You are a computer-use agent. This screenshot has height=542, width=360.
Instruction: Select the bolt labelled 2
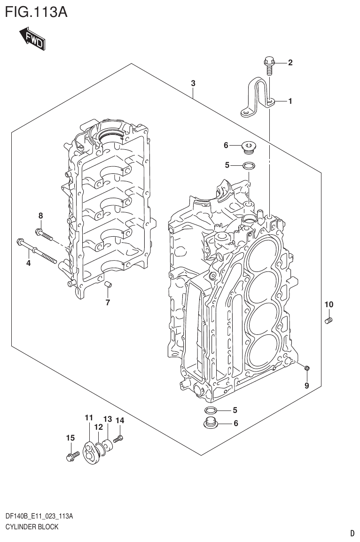[x=269, y=65]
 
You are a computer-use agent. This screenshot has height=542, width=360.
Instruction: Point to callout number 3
[x=193, y=84]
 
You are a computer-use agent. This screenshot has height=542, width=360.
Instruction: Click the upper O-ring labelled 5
[x=249, y=165]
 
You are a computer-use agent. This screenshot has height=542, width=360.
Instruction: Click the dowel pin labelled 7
[x=107, y=284]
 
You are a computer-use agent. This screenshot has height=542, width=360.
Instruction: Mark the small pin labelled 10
[x=329, y=321]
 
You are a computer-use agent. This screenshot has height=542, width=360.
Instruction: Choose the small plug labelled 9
[x=306, y=368]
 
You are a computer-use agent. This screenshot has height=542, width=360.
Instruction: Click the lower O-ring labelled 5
[x=211, y=410]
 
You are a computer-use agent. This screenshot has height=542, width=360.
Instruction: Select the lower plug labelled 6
[x=211, y=423]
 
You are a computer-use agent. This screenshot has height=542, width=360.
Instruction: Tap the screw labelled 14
[x=118, y=439]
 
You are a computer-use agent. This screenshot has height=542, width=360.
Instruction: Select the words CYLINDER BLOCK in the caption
[x=31, y=527]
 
